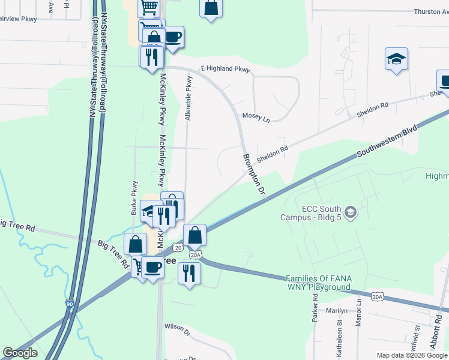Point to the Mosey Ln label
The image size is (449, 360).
(x=256, y=116)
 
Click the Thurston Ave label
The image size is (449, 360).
(x=431, y=12)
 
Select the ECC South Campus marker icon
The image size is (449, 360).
(x=351, y=211)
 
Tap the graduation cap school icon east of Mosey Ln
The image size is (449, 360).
(x=396, y=59)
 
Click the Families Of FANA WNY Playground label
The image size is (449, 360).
(x=318, y=283)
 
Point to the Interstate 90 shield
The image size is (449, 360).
(x=70, y=305)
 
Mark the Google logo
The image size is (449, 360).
(x=20, y=353)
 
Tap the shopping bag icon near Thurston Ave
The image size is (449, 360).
(x=211, y=8)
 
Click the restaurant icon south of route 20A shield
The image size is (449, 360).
(x=189, y=273)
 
